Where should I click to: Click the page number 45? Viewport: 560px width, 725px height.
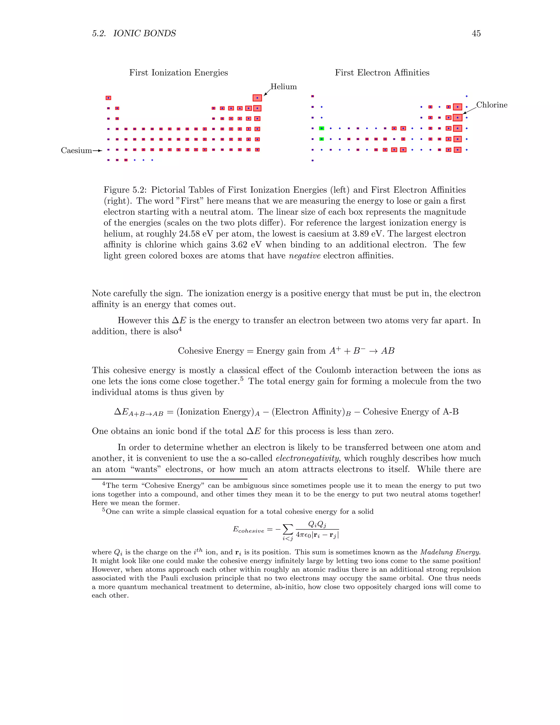tap(476, 34)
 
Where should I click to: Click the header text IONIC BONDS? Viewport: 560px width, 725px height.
tap(144, 34)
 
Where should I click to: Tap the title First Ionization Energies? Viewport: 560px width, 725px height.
tap(179, 73)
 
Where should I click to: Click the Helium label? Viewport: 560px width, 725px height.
tap(283, 87)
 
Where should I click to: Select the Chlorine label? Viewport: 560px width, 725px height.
tap(492, 105)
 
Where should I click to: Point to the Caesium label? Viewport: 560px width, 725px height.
tap(76, 151)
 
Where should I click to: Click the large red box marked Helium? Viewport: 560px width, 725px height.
tap(257, 98)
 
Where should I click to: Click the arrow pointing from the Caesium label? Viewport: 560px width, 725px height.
tap(97, 151)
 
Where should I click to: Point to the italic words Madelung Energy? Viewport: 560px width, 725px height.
tap(450, 552)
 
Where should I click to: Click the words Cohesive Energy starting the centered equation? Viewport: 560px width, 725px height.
tap(211, 351)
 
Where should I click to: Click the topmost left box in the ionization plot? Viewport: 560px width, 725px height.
tap(108, 98)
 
